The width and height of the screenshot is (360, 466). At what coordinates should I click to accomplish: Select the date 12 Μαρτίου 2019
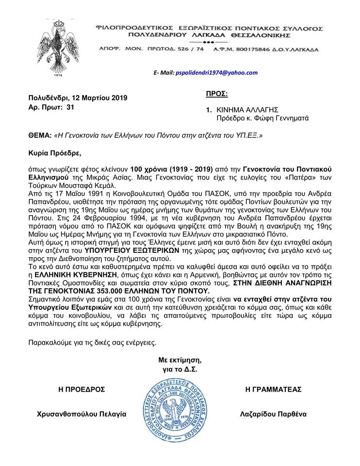tap(102, 97)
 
